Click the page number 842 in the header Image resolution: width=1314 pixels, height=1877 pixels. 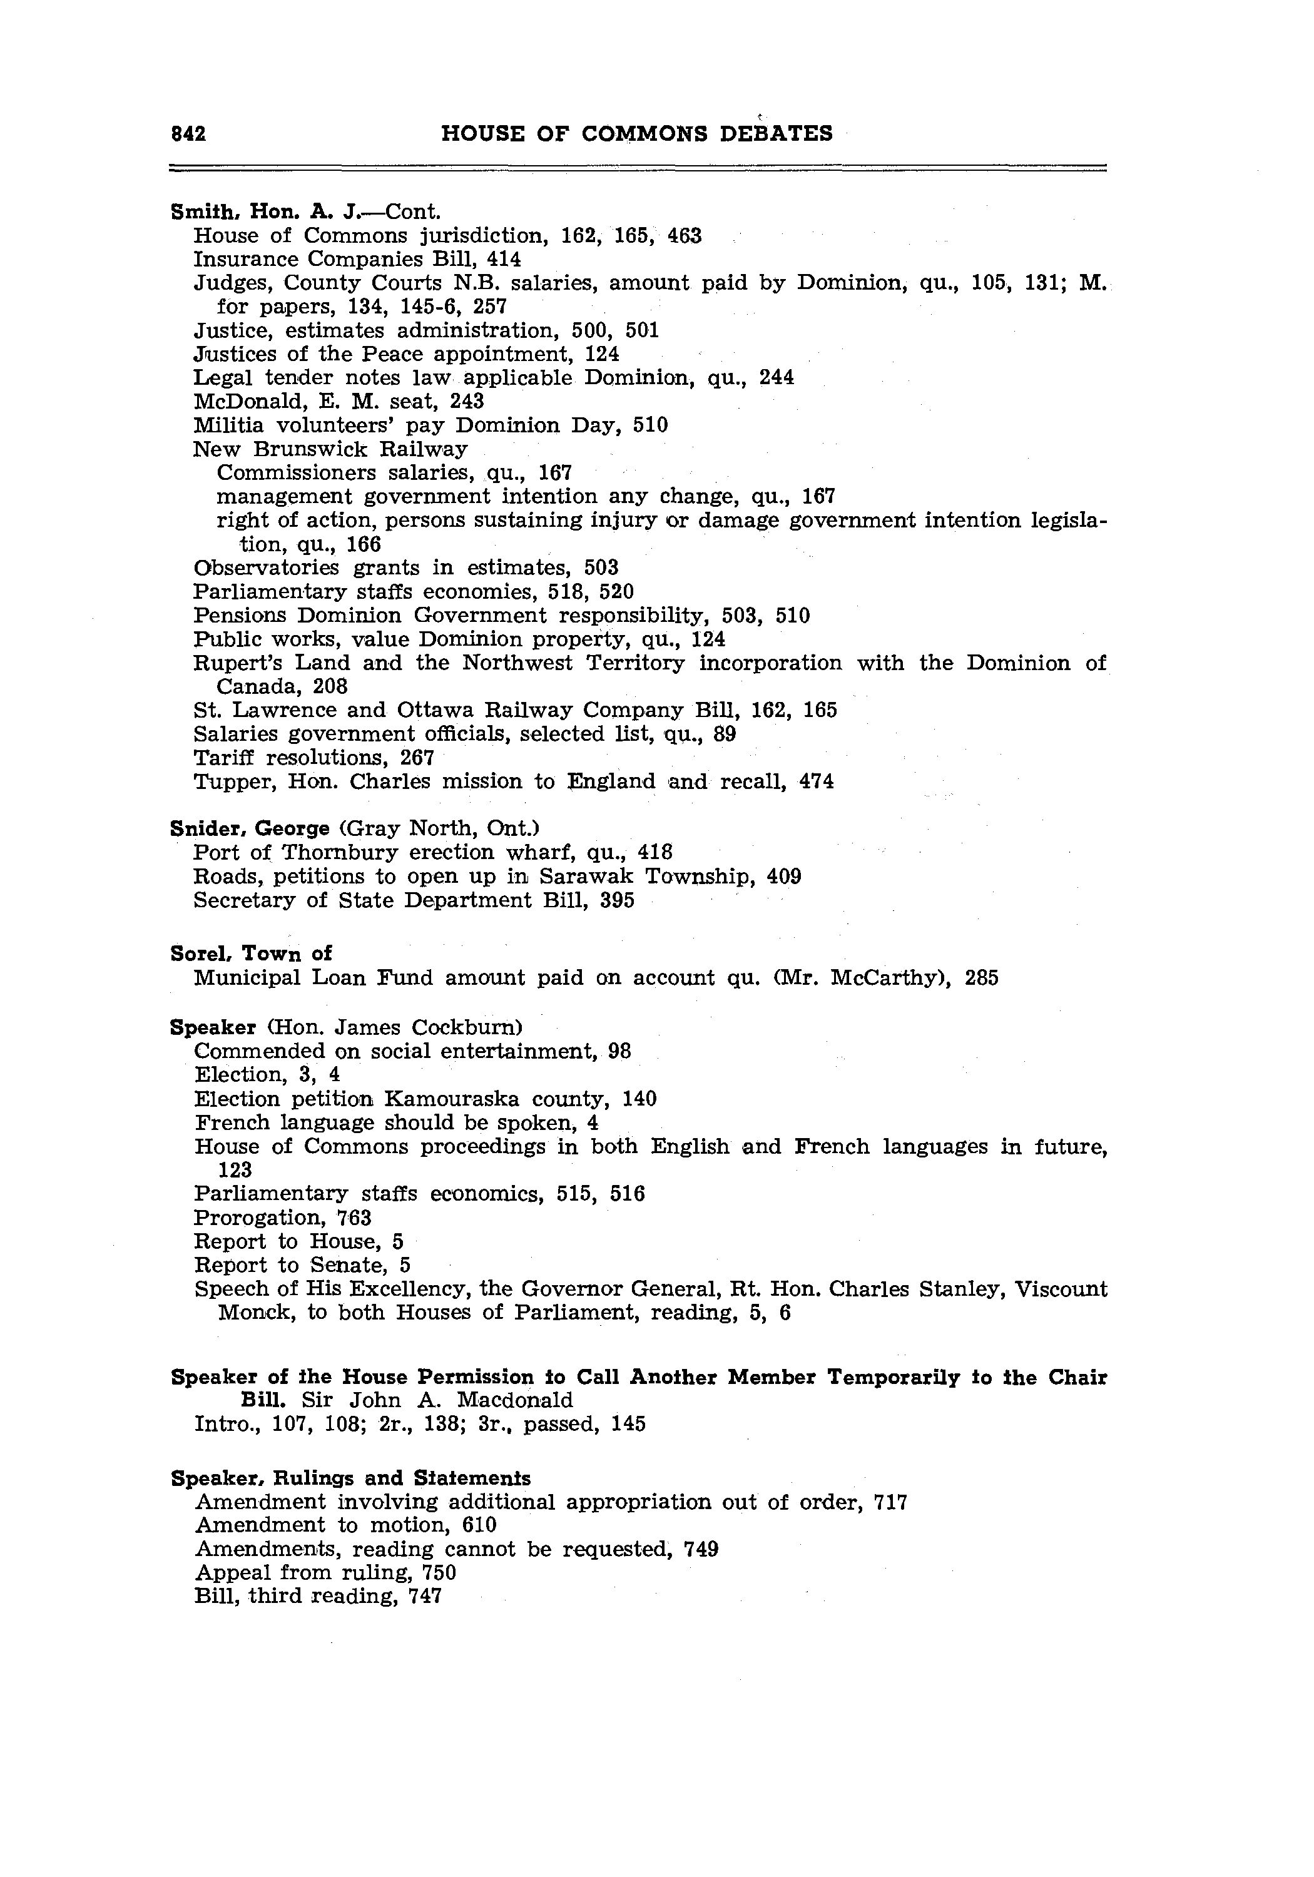[188, 134]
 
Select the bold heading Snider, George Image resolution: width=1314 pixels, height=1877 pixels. [250, 828]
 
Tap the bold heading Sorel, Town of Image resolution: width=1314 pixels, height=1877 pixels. [251, 954]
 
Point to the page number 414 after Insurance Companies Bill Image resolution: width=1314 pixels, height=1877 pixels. [504, 259]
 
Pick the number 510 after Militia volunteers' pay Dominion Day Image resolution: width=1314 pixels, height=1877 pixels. [650, 425]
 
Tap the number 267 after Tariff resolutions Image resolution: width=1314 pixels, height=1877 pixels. [417, 758]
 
